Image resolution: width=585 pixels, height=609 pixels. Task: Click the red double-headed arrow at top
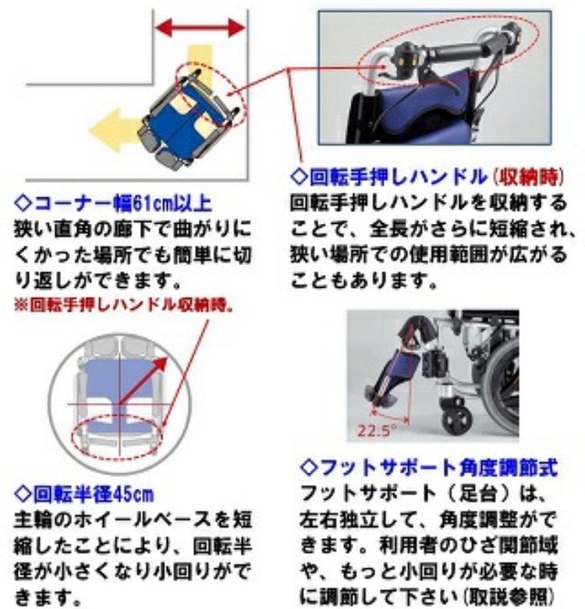click(200, 29)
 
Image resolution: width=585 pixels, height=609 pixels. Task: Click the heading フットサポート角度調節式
click(429, 468)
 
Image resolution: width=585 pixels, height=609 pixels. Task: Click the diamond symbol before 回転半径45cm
click(23, 494)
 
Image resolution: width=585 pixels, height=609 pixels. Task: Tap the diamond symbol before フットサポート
click(308, 468)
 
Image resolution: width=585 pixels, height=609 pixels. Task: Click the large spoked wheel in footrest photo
click(503, 390)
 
